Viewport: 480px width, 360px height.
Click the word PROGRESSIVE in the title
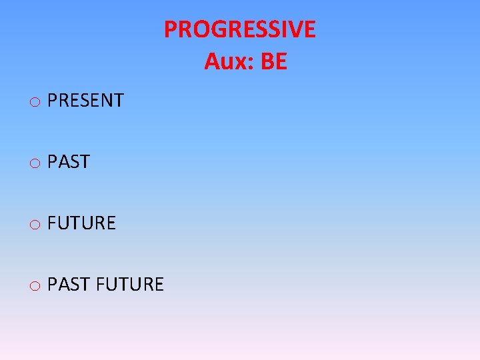(x=240, y=29)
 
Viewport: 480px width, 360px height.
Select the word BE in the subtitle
(x=273, y=62)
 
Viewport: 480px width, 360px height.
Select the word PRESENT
(x=86, y=101)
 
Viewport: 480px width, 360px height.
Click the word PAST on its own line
(x=69, y=162)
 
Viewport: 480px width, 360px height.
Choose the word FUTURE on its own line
(x=82, y=223)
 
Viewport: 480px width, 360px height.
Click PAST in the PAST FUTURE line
(x=69, y=285)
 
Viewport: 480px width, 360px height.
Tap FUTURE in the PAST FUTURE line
(x=130, y=285)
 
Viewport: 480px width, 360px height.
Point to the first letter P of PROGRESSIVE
(x=171, y=29)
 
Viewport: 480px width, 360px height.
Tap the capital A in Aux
(x=211, y=62)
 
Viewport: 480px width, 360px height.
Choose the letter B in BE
(x=267, y=62)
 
